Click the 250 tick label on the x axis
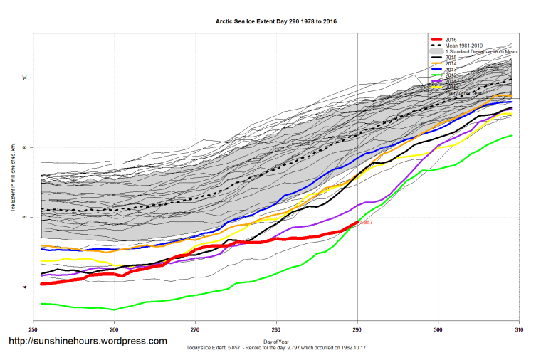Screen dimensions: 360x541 coord(33,330)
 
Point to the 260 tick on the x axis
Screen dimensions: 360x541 coord(114,330)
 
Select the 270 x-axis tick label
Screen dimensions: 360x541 coord(195,330)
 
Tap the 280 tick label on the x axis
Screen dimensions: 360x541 coord(276,330)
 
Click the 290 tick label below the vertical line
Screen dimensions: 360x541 coord(357,330)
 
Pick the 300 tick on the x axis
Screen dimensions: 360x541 coord(438,330)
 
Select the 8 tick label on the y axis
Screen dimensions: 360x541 coord(23,147)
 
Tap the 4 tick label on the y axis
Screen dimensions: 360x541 coord(23,287)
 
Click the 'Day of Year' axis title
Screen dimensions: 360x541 coord(276,342)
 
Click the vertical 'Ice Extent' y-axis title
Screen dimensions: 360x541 coord(13,181)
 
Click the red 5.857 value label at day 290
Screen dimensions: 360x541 coord(366,223)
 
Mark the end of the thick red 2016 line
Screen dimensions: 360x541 coord(357,223)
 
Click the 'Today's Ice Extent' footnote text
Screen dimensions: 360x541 coord(276,349)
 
